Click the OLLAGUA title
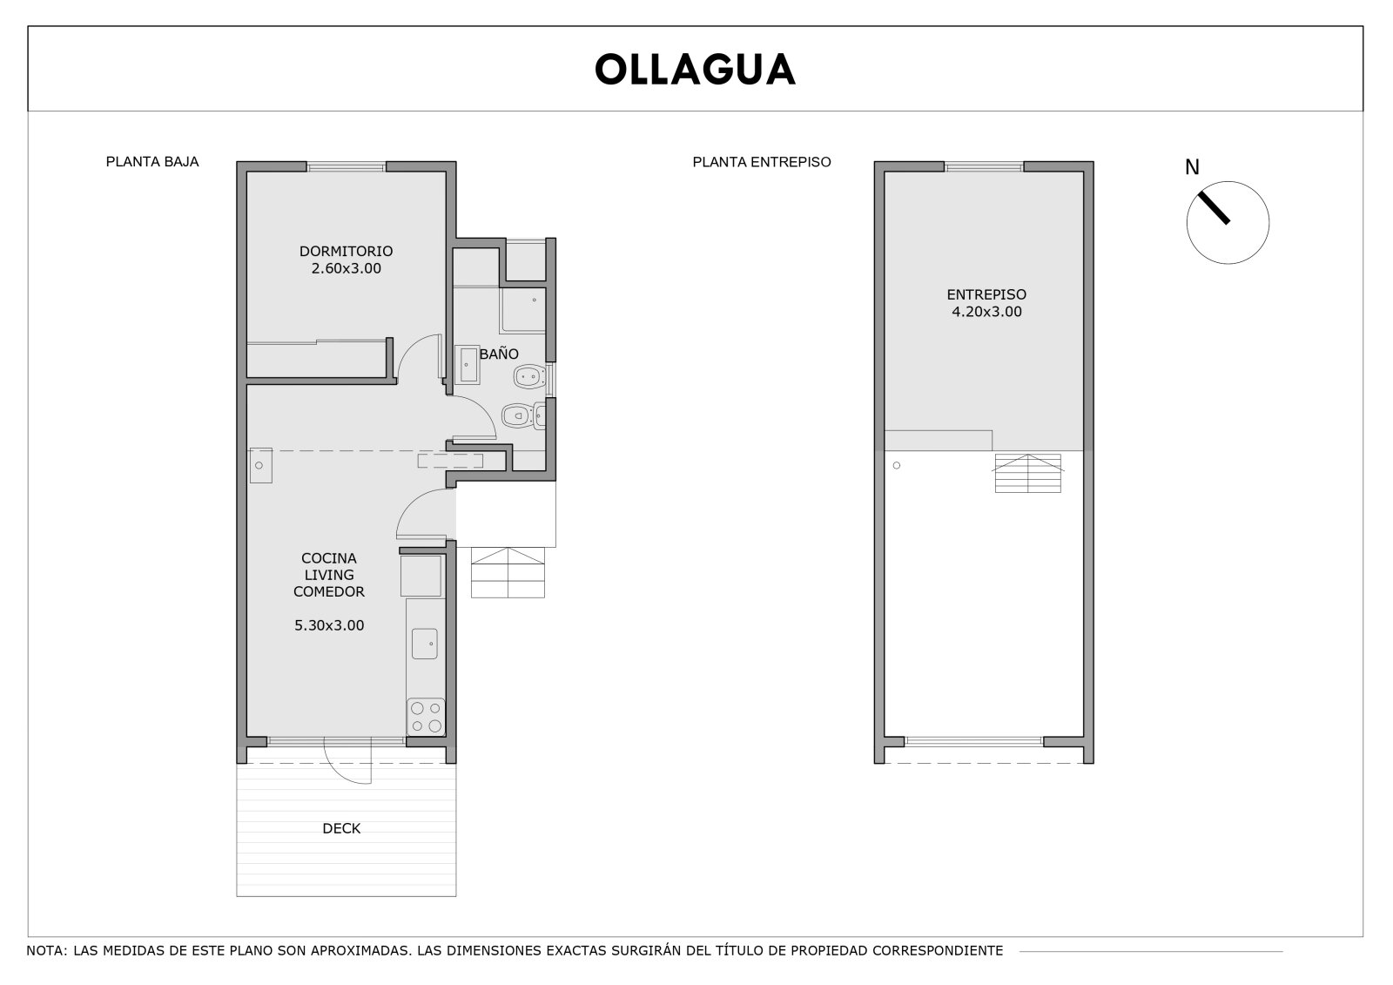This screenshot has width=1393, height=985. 695,69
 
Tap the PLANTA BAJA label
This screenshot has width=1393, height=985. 152,162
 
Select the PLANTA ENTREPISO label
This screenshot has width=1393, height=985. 762,162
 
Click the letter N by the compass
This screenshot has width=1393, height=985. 1192,167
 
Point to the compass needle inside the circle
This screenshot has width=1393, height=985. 1214,207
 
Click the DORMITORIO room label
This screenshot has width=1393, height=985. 346,252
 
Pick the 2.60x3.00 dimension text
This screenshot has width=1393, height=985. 346,268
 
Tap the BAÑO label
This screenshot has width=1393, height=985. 499,354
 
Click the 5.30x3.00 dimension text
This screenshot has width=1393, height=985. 329,625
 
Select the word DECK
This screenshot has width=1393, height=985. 341,828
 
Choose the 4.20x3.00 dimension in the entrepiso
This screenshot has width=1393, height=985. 986,312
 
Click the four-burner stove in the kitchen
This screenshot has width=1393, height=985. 426,717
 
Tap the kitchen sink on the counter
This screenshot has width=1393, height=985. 424,644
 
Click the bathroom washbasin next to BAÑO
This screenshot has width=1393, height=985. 467,365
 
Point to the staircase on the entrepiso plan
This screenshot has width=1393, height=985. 1028,474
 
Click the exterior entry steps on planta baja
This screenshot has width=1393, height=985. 508,572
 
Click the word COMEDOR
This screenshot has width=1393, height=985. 329,591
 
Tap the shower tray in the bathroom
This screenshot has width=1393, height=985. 523,311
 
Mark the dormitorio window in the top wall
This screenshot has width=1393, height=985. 347,166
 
